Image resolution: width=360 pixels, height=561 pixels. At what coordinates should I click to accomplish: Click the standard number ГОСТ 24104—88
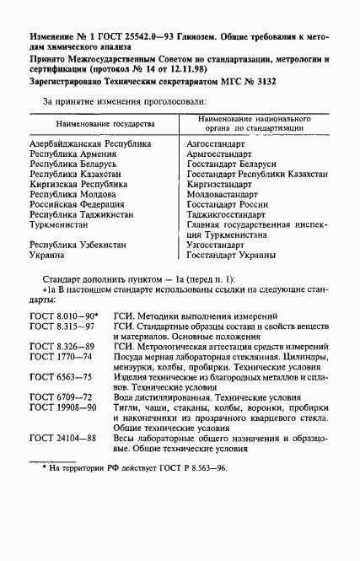coord(62,461)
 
